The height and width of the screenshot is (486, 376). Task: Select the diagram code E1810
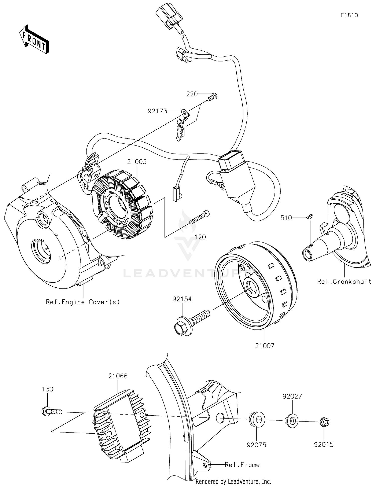[x=349, y=15]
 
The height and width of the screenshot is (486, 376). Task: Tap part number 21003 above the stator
[x=137, y=162]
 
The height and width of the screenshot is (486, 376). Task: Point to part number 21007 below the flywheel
[x=265, y=346]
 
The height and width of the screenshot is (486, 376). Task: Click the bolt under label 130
[x=51, y=412]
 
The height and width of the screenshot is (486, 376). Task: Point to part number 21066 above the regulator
[x=118, y=376]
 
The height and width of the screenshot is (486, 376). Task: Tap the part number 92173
[x=157, y=111]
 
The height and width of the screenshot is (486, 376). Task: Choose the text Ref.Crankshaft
[x=344, y=281]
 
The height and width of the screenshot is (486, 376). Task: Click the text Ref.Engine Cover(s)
[x=83, y=302]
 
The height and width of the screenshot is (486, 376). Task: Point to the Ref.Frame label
[x=242, y=465]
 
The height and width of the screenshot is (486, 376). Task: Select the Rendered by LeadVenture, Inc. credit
[x=233, y=481]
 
